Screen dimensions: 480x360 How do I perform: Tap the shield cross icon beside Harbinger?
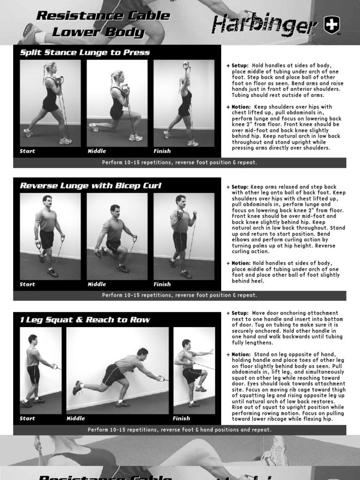pyautogui.click(x=332, y=26)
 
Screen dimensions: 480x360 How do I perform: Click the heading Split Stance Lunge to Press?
pyautogui.click(x=85, y=52)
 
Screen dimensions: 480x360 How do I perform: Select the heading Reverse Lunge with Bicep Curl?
pyautogui.click(x=90, y=186)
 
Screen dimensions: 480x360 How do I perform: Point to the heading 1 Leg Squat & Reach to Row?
pyautogui.click(x=85, y=320)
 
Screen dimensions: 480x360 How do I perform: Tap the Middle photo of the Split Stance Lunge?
pyautogui.click(x=117, y=103)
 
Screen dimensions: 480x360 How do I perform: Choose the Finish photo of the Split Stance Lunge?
pyautogui.click(x=184, y=103)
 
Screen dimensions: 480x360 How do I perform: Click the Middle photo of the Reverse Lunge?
pyautogui.click(x=117, y=236)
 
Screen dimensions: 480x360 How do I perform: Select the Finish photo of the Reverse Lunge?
pyautogui.click(x=184, y=236)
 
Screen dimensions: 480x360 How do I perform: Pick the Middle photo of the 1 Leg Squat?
pyautogui.click(x=117, y=370)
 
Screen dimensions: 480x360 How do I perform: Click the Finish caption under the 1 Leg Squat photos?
pyautogui.click(x=181, y=418)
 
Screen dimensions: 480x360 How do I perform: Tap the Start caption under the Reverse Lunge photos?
pyautogui.click(x=27, y=284)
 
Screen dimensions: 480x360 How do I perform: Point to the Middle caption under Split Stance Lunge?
pyautogui.click(x=97, y=151)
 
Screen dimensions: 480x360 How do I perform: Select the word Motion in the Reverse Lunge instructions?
pyautogui.click(x=241, y=263)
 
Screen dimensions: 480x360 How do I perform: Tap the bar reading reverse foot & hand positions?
pyautogui.click(x=180, y=430)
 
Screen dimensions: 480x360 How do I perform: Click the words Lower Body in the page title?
pyautogui.click(x=98, y=32)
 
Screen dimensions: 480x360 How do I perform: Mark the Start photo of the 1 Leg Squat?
pyautogui.click(x=41, y=370)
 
